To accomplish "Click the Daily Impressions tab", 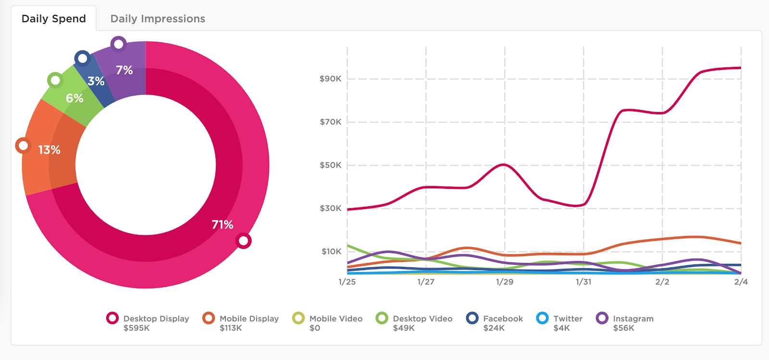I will [x=158, y=19].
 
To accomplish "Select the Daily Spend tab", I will [x=54, y=19].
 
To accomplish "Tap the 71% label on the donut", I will [x=223, y=224].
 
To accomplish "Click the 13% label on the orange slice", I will [x=50, y=150].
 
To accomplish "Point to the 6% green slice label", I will [x=74, y=99].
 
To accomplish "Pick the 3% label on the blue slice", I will [x=96, y=81].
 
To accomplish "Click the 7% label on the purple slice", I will [x=124, y=70].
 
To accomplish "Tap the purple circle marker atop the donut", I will [x=118, y=45].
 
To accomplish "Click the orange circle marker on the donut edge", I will [x=23, y=145].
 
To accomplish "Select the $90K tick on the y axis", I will [x=331, y=79].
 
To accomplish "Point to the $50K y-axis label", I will [x=331, y=165].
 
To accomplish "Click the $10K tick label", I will [x=331, y=251].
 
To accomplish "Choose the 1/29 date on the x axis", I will [x=505, y=282].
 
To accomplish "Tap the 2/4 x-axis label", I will [x=741, y=282].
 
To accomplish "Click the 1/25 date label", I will [x=347, y=282].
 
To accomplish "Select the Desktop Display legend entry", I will [x=156, y=319].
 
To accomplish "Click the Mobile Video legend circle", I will [x=299, y=318].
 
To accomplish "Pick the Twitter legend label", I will [x=568, y=319].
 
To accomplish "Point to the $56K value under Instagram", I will [x=623, y=328].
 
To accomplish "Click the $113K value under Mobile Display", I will [x=231, y=328].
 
